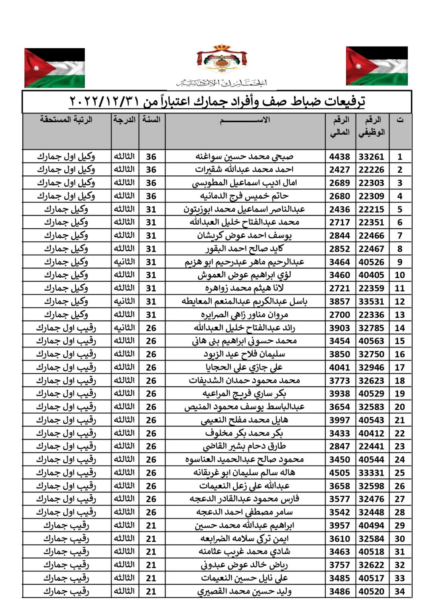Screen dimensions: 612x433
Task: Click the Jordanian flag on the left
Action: click(55, 68)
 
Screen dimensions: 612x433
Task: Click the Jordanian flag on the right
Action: click(377, 66)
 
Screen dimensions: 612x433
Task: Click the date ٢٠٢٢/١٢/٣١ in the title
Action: click(104, 102)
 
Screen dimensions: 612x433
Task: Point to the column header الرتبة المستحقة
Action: click(66, 120)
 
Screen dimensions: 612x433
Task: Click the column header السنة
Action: click(152, 120)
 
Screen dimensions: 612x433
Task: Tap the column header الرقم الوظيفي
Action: click(372, 126)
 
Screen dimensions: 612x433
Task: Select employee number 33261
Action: click(371, 157)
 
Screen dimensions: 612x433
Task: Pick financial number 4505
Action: click(339, 473)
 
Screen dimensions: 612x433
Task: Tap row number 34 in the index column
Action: click(400, 591)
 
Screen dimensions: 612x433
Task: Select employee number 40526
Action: click(371, 262)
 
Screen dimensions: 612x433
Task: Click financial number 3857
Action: click(339, 301)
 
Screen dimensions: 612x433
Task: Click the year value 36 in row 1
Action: click(151, 157)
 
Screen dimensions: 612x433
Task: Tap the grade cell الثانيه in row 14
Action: click(124, 328)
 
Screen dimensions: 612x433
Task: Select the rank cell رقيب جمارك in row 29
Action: click(66, 525)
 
